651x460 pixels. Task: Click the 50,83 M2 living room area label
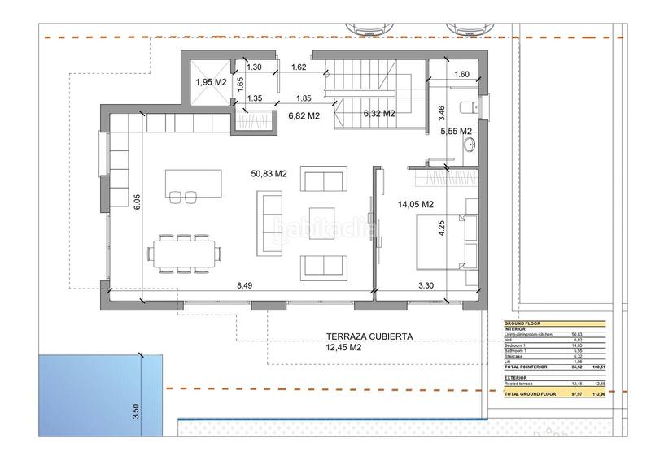click(269, 173)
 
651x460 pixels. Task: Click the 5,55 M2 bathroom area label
click(456, 131)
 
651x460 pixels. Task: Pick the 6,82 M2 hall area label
click(303, 116)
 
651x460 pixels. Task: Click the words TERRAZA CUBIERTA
click(370, 336)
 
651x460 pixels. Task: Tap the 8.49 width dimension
click(245, 285)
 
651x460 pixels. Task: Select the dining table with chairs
click(184, 250)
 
